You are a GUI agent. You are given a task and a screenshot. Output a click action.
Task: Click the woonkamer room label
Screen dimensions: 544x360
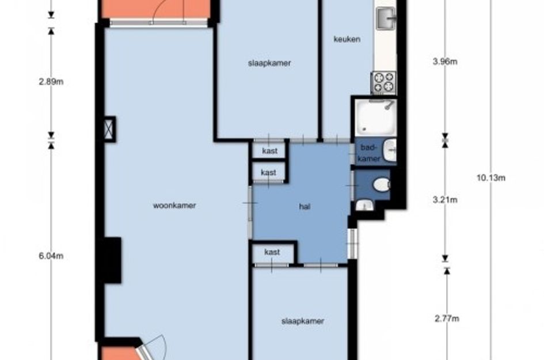pos(174,206)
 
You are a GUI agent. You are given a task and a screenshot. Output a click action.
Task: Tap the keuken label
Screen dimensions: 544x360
pos(347,39)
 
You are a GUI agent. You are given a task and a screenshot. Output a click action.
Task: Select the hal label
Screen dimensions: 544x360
pos(305,207)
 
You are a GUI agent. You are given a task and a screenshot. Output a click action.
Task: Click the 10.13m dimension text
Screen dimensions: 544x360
pos(490,178)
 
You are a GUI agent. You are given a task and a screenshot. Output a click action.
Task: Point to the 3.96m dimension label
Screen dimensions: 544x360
pos(445,62)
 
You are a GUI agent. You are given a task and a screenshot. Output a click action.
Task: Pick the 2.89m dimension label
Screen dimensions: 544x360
pos(51,82)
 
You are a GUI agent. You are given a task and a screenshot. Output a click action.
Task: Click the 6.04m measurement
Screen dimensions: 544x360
pos(51,256)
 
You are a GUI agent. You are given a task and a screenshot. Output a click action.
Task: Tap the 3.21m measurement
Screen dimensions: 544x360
pos(445,200)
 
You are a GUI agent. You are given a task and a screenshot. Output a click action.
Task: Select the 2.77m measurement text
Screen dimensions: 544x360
pos(447,319)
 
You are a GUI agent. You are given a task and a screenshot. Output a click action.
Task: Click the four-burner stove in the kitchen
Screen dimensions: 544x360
pos(384,82)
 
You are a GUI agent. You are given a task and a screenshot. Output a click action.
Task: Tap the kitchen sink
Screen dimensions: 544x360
pos(386,18)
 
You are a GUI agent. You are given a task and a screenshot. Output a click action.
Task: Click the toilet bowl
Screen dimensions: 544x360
pos(382,184)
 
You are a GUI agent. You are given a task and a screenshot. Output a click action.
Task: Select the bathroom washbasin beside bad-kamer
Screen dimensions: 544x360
pos(390,150)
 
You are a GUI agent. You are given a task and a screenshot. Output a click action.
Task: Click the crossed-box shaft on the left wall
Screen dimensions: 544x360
pos(109,129)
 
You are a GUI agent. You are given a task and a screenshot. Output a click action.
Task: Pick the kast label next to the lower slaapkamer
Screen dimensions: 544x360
pos(272,252)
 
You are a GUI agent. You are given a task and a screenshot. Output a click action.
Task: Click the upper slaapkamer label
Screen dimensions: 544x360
pos(269,63)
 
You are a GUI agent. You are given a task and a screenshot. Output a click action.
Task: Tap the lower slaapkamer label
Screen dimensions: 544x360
pos(303,321)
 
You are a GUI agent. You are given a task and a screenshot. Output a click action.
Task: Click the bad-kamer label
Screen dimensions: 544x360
pos(369,153)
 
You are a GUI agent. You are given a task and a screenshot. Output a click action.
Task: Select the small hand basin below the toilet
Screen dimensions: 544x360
pos(364,206)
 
